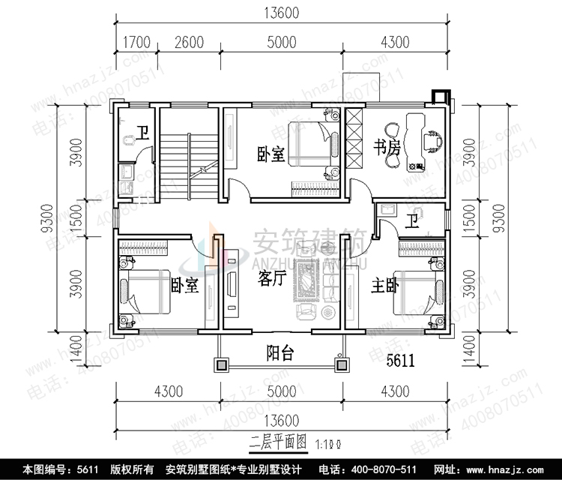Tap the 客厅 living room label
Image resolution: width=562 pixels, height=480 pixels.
pos(274,280)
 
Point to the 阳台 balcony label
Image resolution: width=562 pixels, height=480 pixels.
pos(280,353)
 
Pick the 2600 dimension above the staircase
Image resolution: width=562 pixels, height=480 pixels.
pos(189,42)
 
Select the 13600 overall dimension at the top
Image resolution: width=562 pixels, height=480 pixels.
pos(282,13)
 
